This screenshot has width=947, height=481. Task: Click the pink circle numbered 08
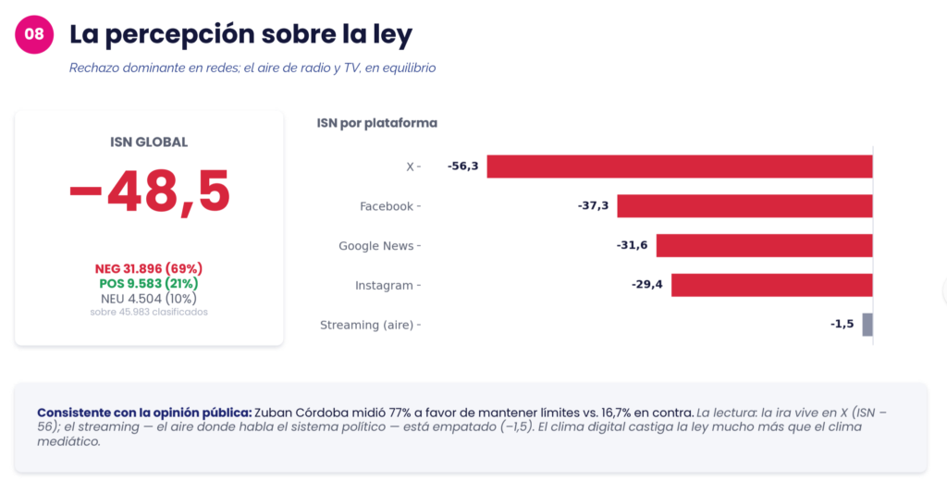34,34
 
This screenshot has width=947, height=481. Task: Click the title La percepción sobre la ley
241,34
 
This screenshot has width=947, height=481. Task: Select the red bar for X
680,166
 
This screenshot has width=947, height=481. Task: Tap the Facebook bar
744,206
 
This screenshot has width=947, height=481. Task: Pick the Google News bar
764,246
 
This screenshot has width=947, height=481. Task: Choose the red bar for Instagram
772,285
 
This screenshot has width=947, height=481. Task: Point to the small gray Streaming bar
867,325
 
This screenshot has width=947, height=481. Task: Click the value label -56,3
462,166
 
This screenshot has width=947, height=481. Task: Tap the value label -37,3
593,206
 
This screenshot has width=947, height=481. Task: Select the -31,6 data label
632,245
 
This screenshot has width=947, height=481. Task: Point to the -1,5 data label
842,325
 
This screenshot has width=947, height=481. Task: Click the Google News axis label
376,246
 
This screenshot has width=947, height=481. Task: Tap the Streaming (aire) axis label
366,325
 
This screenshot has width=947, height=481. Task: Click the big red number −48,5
149,191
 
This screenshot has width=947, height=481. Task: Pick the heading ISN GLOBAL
149,142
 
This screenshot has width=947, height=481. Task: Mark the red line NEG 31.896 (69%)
149,269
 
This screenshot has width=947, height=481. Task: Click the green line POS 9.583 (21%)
149,283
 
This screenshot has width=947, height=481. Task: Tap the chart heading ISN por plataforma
377,123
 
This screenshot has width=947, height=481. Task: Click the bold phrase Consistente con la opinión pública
144,413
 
